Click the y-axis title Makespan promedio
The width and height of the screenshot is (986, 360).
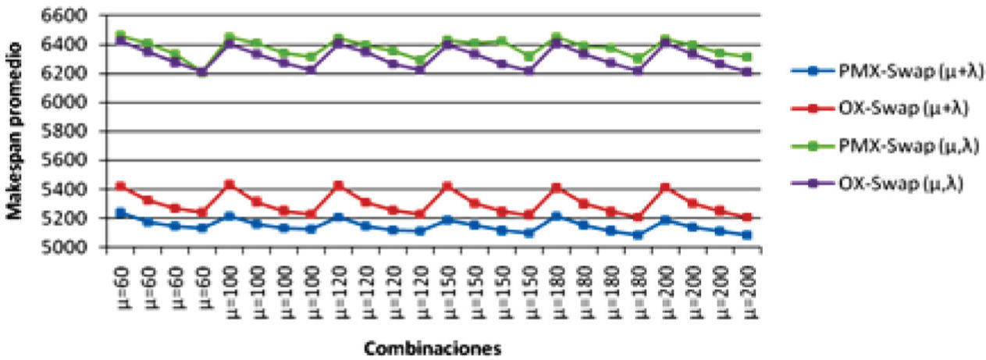click(x=16, y=131)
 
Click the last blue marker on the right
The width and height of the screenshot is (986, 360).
click(x=747, y=234)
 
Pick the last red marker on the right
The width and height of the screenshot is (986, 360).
click(x=747, y=217)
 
